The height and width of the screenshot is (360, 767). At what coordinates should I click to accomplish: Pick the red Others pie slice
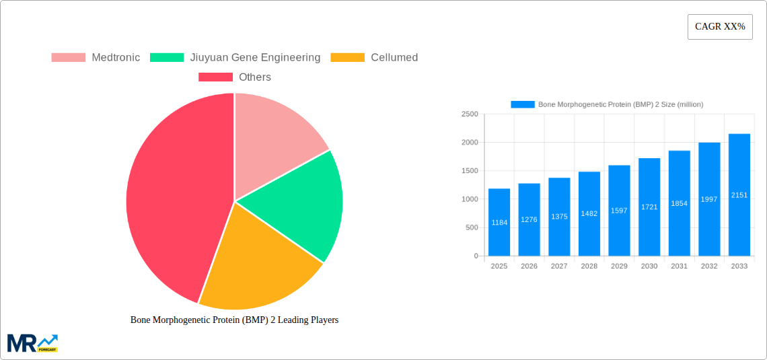click(x=175, y=202)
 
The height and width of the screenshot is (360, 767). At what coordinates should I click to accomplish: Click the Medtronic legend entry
click(x=96, y=58)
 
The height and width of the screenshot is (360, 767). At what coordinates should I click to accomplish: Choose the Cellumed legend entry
click(x=374, y=58)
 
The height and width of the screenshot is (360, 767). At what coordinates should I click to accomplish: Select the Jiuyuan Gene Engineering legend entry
click(x=235, y=58)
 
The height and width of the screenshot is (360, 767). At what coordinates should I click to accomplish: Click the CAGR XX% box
click(x=720, y=27)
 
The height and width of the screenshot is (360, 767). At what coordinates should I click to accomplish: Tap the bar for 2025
click(x=499, y=222)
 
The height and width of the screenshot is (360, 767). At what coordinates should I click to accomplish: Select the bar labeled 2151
click(x=739, y=194)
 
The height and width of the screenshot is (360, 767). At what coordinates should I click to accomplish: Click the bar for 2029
click(x=619, y=211)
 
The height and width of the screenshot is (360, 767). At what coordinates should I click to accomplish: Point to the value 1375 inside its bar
click(x=559, y=217)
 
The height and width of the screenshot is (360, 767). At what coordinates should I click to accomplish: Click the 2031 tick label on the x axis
click(x=679, y=266)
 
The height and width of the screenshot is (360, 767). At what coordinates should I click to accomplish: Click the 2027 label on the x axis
click(x=559, y=266)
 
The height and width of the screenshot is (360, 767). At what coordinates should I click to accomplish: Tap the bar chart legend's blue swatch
click(x=523, y=104)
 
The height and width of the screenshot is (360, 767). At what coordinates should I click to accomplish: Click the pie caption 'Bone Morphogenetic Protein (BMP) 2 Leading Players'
click(x=234, y=320)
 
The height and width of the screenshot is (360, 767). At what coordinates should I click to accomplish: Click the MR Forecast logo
click(x=32, y=343)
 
